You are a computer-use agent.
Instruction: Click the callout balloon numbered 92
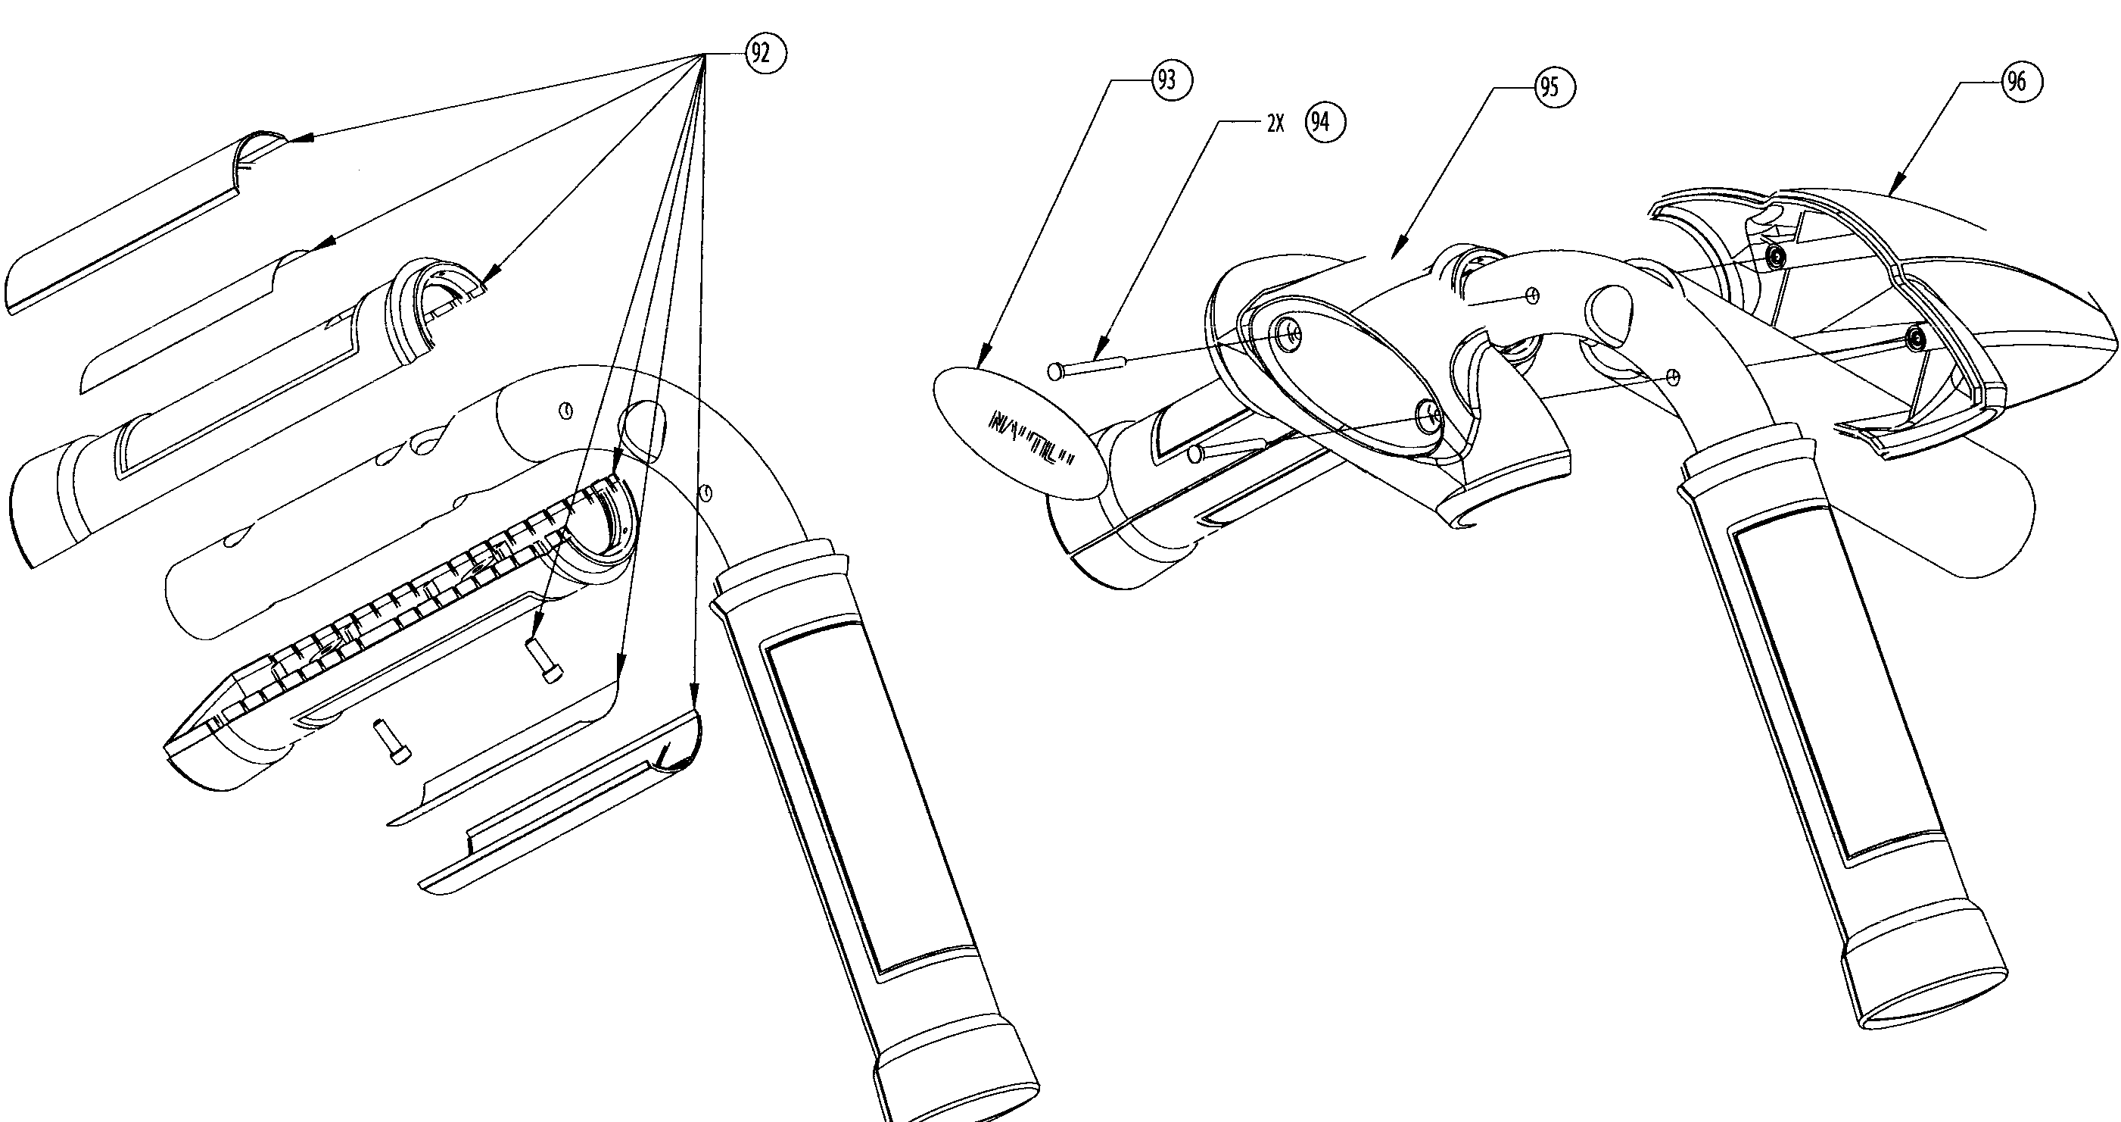coord(766,54)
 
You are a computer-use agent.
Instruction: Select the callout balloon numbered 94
coord(1325,123)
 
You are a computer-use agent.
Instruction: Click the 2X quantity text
coord(1275,123)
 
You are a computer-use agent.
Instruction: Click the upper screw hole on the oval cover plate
coord(1289,333)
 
